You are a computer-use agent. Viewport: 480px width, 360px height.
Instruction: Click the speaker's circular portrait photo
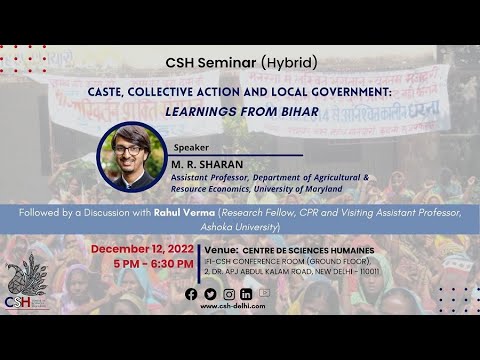pos(133,157)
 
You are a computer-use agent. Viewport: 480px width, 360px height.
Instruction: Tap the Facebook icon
pos(191,294)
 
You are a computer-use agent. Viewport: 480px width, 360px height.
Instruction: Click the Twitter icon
pos(210,294)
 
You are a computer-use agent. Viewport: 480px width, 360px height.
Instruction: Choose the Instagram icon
pos(229,294)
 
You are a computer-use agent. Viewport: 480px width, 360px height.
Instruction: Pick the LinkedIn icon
pos(247,294)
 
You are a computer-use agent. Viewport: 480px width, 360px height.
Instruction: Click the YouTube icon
pos(265,293)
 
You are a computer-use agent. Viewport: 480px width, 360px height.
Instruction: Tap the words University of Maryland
pos(305,188)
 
